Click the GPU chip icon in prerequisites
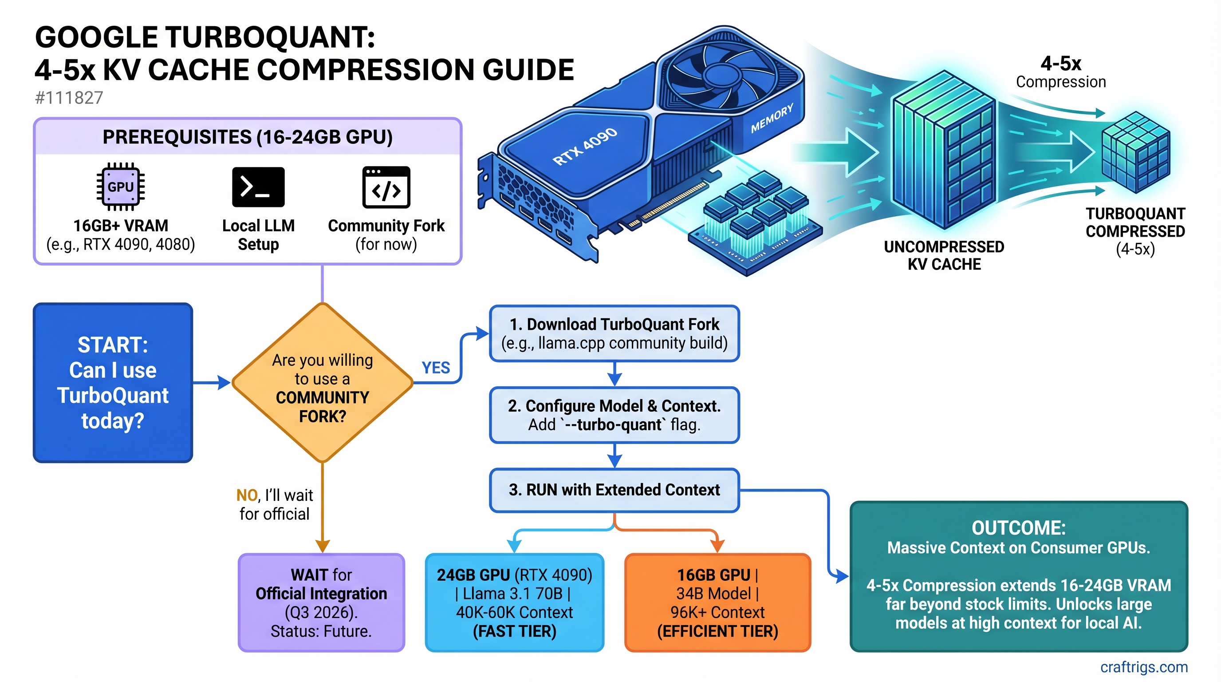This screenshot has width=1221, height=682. pyautogui.click(x=120, y=186)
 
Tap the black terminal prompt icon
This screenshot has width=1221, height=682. pyautogui.click(x=258, y=187)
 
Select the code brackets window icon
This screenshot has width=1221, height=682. pyautogui.click(x=386, y=187)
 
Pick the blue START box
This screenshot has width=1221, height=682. pyautogui.click(x=113, y=383)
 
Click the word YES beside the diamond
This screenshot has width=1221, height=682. pyautogui.click(x=436, y=368)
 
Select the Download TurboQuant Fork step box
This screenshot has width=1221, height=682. pyautogui.click(x=614, y=333)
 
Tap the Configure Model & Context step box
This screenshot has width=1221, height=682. pyautogui.click(x=614, y=415)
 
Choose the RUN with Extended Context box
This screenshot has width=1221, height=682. pyautogui.click(x=614, y=490)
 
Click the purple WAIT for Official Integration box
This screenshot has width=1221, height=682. pyautogui.click(x=321, y=603)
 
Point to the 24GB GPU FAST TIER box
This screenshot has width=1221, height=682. pyautogui.click(x=514, y=603)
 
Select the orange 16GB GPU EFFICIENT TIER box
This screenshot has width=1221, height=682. pyautogui.click(x=717, y=603)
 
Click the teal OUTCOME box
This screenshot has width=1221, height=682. pyautogui.click(x=1019, y=576)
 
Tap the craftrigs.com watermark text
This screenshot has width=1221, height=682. pyautogui.click(x=1144, y=667)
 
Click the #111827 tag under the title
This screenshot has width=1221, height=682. pyautogui.click(x=69, y=98)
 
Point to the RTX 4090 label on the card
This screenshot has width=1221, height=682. pyautogui.click(x=585, y=146)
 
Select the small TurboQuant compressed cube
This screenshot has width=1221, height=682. pyautogui.click(x=1135, y=152)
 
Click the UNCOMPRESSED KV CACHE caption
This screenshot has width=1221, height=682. pyautogui.click(x=944, y=255)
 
